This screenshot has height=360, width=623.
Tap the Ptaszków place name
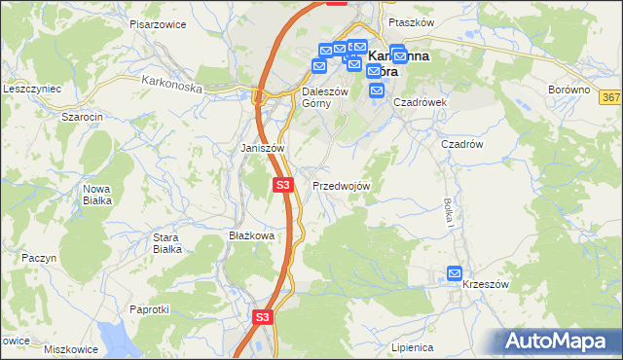click(x=409, y=22)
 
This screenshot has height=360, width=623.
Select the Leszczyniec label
click(x=32, y=88)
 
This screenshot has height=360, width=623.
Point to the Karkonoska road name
click(x=170, y=85)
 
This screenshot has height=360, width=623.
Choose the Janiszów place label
click(x=262, y=148)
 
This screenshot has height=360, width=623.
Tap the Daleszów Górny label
click(x=317, y=97)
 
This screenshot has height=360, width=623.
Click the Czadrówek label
click(x=420, y=101)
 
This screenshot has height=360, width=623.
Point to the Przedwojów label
click(x=341, y=186)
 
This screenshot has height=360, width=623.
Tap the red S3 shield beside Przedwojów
click(x=282, y=184)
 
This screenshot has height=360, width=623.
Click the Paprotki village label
click(x=150, y=309)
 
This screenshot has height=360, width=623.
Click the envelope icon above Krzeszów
click(x=455, y=274)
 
